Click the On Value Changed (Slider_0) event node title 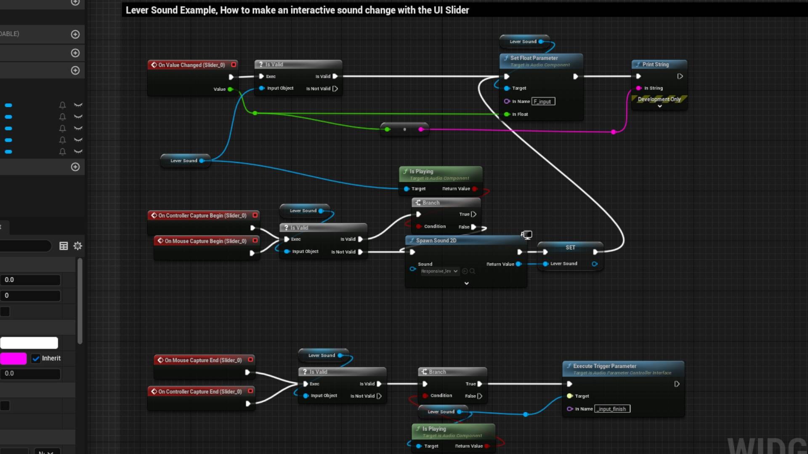[191, 65]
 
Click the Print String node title [655, 64]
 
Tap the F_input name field [543, 101]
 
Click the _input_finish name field [612, 409]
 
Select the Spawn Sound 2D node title [436, 240]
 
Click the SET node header [570, 247]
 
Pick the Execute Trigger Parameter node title [604, 366]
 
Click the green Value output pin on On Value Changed [230, 89]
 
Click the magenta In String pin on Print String [639, 88]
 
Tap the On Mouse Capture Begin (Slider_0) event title [205, 241]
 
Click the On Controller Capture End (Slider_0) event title [200, 391]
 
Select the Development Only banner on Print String [659, 99]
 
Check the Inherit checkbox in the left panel [36, 359]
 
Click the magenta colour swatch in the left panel [13, 359]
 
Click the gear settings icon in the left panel [78, 246]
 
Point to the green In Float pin [507, 114]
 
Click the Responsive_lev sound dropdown [439, 271]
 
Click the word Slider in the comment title [457, 10]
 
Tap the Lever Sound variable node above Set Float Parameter [523, 42]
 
